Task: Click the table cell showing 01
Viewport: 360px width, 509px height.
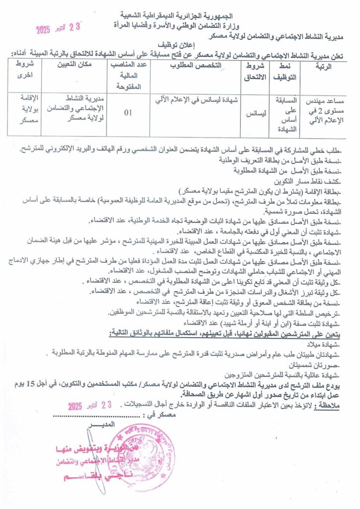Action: (128, 112)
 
